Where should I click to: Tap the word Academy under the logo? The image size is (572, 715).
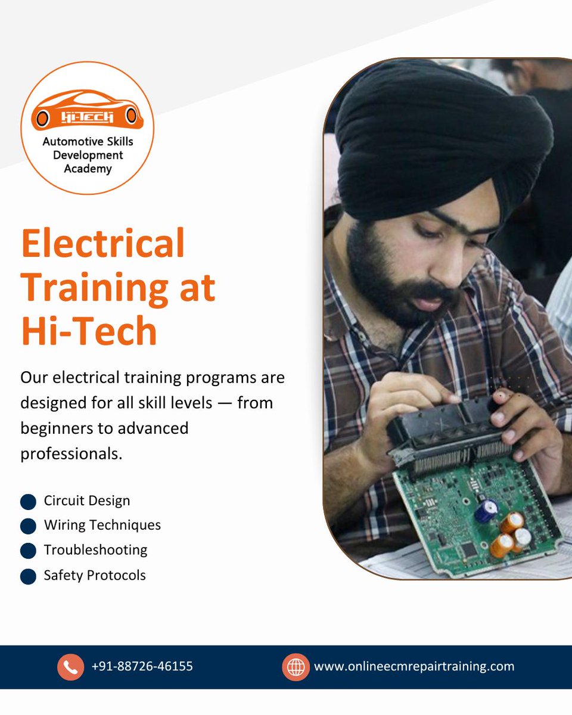tap(88, 169)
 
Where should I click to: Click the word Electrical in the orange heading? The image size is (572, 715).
tap(102, 244)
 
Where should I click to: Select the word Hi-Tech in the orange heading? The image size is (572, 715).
tap(89, 331)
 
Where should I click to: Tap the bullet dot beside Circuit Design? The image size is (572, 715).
tap(28, 502)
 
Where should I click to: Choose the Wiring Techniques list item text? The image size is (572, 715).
tap(102, 525)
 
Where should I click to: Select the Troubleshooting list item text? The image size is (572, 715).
tap(95, 550)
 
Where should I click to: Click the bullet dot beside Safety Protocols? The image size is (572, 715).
tap(28, 576)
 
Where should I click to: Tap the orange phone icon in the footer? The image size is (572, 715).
tap(70, 667)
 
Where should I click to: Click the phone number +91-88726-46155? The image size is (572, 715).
tap(142, 667)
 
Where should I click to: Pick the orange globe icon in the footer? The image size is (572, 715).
tap(296, 667)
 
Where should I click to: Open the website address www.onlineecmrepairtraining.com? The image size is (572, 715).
tap(414, 667)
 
